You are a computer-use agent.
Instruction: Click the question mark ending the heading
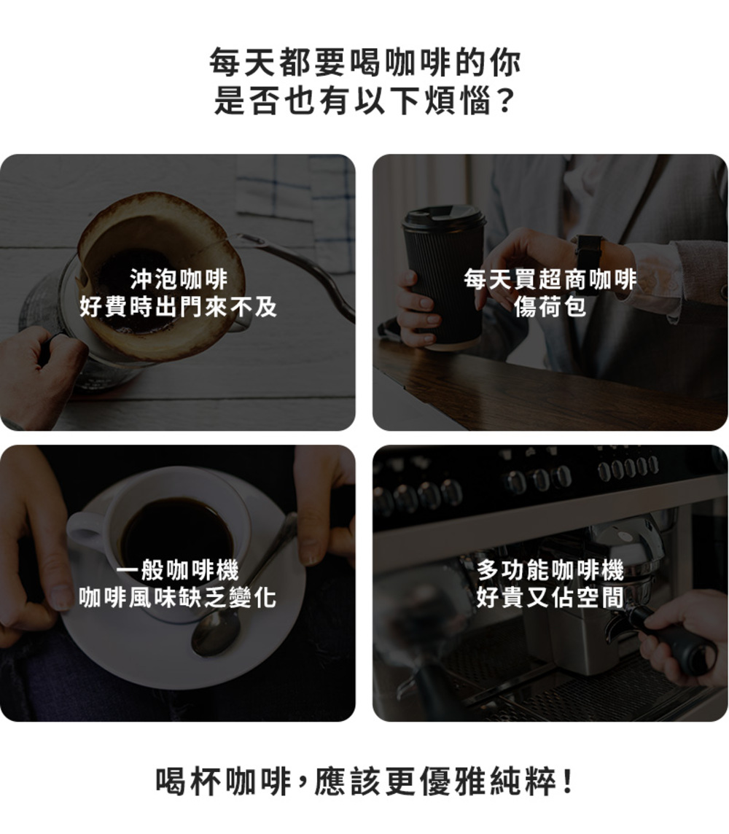[x=506, y=101]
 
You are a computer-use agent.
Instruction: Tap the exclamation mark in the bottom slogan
[x=567, y=781]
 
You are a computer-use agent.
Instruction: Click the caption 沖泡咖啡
[x=179, y=279]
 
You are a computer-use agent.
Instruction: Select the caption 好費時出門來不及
[x=179, y=307]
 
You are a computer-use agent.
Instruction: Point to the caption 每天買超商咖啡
[x=550, y=279]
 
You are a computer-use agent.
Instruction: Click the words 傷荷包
[x=550, y=307]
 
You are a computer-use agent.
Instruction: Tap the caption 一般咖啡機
[x=178, y=570]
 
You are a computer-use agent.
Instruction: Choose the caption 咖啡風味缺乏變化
[x=178, y=598]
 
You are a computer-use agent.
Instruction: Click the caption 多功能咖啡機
[x=550, y=570]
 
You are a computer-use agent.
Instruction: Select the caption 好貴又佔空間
[x=550, y=598]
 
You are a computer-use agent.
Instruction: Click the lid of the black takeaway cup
[x=444, y=217]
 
